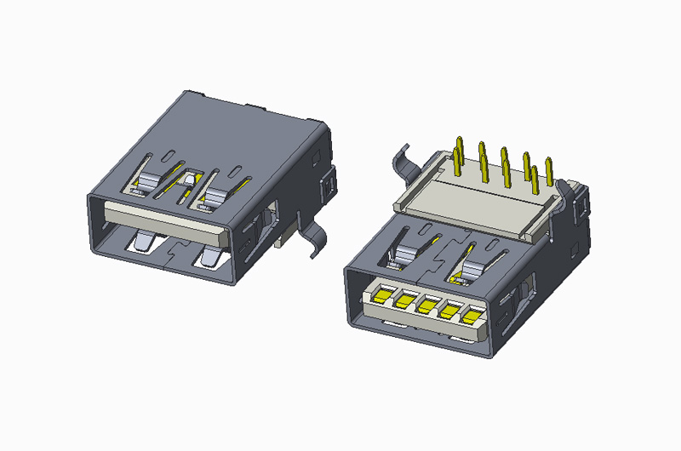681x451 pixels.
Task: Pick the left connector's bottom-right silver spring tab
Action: point(210,256)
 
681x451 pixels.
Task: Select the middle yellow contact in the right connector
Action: point(426,305)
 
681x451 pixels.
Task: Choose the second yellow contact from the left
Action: point(403,300)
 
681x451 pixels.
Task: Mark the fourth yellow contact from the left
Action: point(448,311)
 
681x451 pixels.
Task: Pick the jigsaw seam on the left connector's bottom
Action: point(175,250)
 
